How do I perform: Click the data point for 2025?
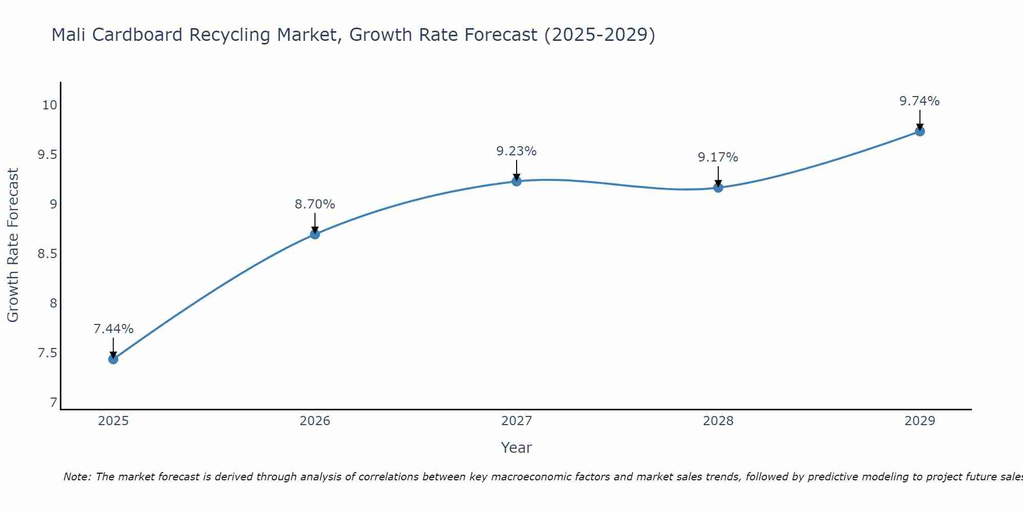coord(113,359)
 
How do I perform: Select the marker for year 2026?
coord(315,234)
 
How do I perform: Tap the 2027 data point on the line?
coord(516,181)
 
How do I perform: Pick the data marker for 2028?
coord(718,188)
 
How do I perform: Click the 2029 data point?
coord(920,131)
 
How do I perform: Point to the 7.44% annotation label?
coord(113,329)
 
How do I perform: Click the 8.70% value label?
coord(315,204)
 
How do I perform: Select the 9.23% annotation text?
coord(516,151)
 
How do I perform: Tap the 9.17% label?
coord(718,157)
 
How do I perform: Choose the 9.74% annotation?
coord(920,101)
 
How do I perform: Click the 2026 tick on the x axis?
coord(315,421)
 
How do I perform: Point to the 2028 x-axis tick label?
coord(718,421)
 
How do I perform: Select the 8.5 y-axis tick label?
coord(47,254)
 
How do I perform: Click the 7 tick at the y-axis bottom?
coord(53,403)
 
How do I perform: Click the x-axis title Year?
coord(516,448)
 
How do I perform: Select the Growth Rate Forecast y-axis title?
coord(13,245)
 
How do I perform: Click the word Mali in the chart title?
coord(69,35)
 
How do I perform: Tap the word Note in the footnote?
coord(76,477)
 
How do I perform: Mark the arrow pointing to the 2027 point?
coord(516,170)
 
